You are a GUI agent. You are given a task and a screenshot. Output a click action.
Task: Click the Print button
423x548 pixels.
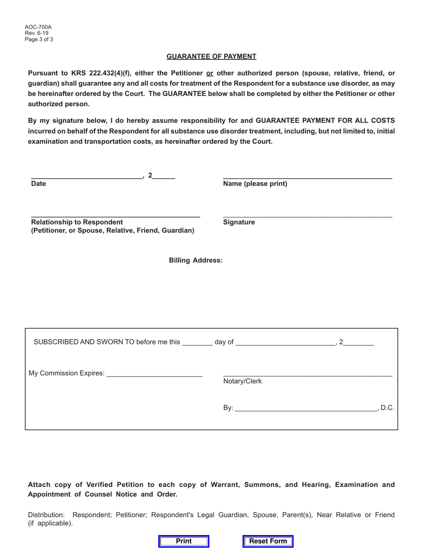pyautogui.click(x=183, y=541)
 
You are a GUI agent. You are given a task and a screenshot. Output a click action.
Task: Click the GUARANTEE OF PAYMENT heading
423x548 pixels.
pyautogui.click(x=211, y=57)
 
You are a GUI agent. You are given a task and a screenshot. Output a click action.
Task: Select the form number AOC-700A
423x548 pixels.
pyautogui.click(x=38, y=27)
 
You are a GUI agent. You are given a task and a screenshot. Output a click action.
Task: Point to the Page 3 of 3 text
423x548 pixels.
pyautogui.click(x=39, y=40)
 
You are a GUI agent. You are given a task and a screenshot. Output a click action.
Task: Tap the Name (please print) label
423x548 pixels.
pyautogui.click(x=255, y=184)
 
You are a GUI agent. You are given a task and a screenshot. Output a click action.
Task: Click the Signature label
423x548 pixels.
pyautogui.click(x=239, y=222)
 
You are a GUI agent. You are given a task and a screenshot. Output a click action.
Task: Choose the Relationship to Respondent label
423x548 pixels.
pyautogui.click(x=77, y=222)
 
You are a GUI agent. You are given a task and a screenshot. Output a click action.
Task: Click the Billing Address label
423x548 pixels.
pyautogui.click(x=195, y=260)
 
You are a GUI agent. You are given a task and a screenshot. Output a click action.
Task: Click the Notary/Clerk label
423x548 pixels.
pyautogui.click(x=242, y=381)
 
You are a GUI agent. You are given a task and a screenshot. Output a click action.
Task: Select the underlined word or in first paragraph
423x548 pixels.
pyautogui.click(x=210, y=73)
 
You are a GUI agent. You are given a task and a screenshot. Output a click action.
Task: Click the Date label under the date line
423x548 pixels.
pyautogui.click(x=38, y=184)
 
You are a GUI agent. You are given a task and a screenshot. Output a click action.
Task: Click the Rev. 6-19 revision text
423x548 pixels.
pyautogui.click(x=37, y=33)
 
